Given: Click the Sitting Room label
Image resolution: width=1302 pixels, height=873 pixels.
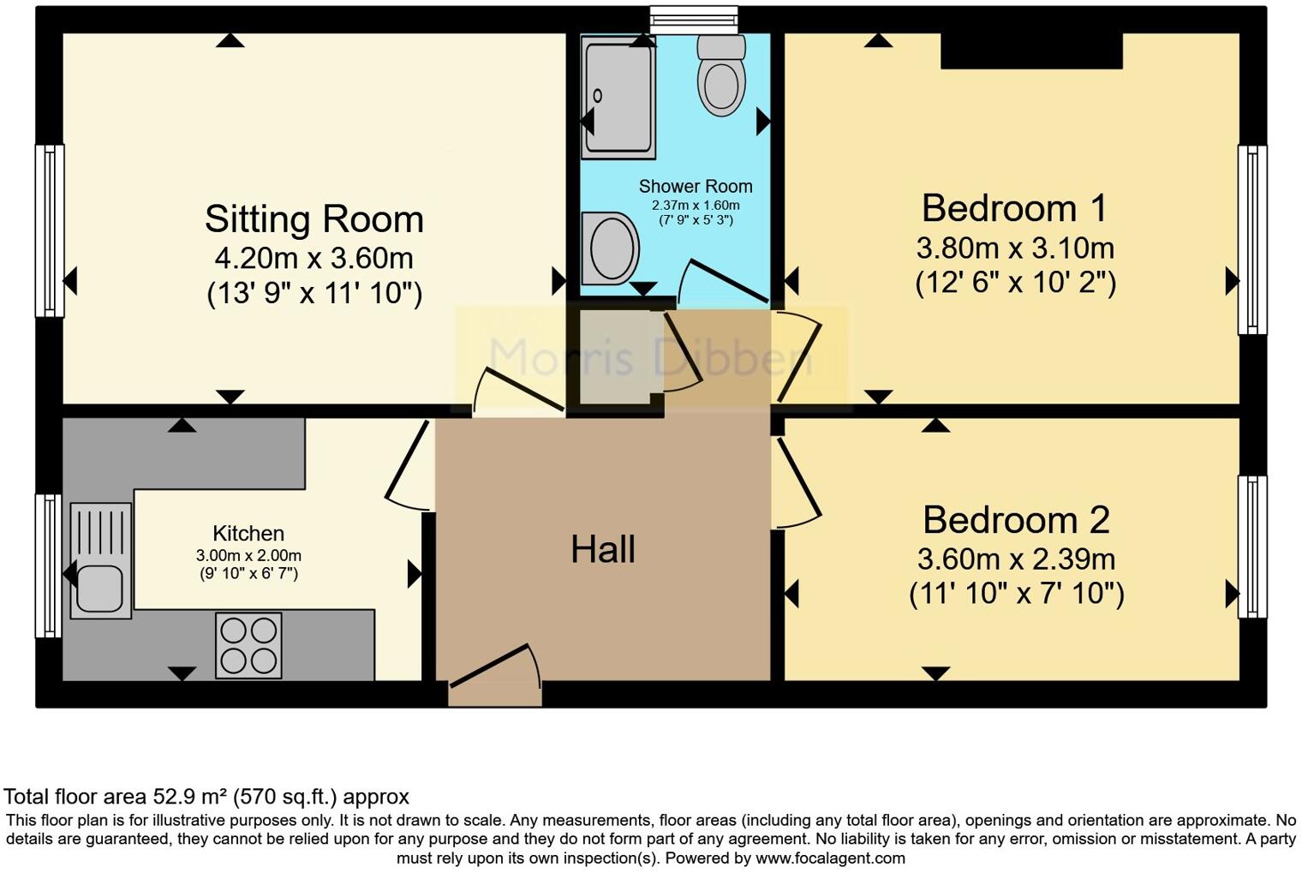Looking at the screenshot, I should coord(314,219).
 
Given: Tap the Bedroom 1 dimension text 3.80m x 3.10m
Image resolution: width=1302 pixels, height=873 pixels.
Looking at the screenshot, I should coord(1015,248).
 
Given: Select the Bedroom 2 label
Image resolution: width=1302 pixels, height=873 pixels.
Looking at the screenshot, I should coord(1016,520).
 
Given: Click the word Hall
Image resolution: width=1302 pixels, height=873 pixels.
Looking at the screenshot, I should coord(603,549).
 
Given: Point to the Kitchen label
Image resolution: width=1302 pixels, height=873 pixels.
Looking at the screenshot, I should coord(248,533).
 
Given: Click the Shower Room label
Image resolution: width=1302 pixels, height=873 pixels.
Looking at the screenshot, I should coord(696,187).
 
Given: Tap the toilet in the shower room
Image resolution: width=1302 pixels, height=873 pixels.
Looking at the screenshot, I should coord(721,76).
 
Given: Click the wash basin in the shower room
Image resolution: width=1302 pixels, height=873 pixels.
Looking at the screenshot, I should coord(610,248).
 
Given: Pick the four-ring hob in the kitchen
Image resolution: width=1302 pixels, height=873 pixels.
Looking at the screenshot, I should coord(248,645).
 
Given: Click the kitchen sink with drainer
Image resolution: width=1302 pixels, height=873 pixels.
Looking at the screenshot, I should coord(100,560).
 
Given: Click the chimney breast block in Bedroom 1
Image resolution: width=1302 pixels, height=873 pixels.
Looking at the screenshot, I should coord(1031,51).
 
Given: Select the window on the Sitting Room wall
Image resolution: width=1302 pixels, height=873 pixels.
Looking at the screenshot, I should coord(50,230).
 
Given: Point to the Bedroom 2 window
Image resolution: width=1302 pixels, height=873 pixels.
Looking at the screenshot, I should coord(1251,547).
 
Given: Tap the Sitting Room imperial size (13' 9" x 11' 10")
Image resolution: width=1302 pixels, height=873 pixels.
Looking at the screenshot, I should coord(314,294).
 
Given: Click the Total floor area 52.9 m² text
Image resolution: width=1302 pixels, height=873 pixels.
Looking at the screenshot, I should coord(206,797).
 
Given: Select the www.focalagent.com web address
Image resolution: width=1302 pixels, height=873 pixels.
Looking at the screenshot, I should coord(829,858).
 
